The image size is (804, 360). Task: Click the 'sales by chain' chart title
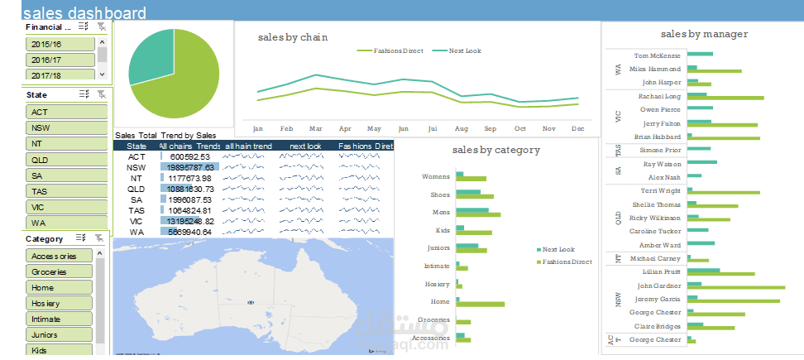click(x=292, y=37)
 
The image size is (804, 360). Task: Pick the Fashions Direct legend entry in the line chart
click(x=393, y=51)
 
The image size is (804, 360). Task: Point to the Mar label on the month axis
click(x=315, y=129)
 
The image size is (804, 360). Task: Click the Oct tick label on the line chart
click(x=519, y=129)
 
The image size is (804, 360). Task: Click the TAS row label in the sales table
click(x=136, y=210)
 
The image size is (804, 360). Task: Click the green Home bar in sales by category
click(x=480, y=304)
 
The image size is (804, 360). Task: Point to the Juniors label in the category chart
click(x=438, y=247)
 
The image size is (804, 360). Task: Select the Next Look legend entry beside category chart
click(x=558, y=249)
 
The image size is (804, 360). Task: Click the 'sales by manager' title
click(x=704, y=34)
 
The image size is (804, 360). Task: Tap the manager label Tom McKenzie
click(x=658, y=55)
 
